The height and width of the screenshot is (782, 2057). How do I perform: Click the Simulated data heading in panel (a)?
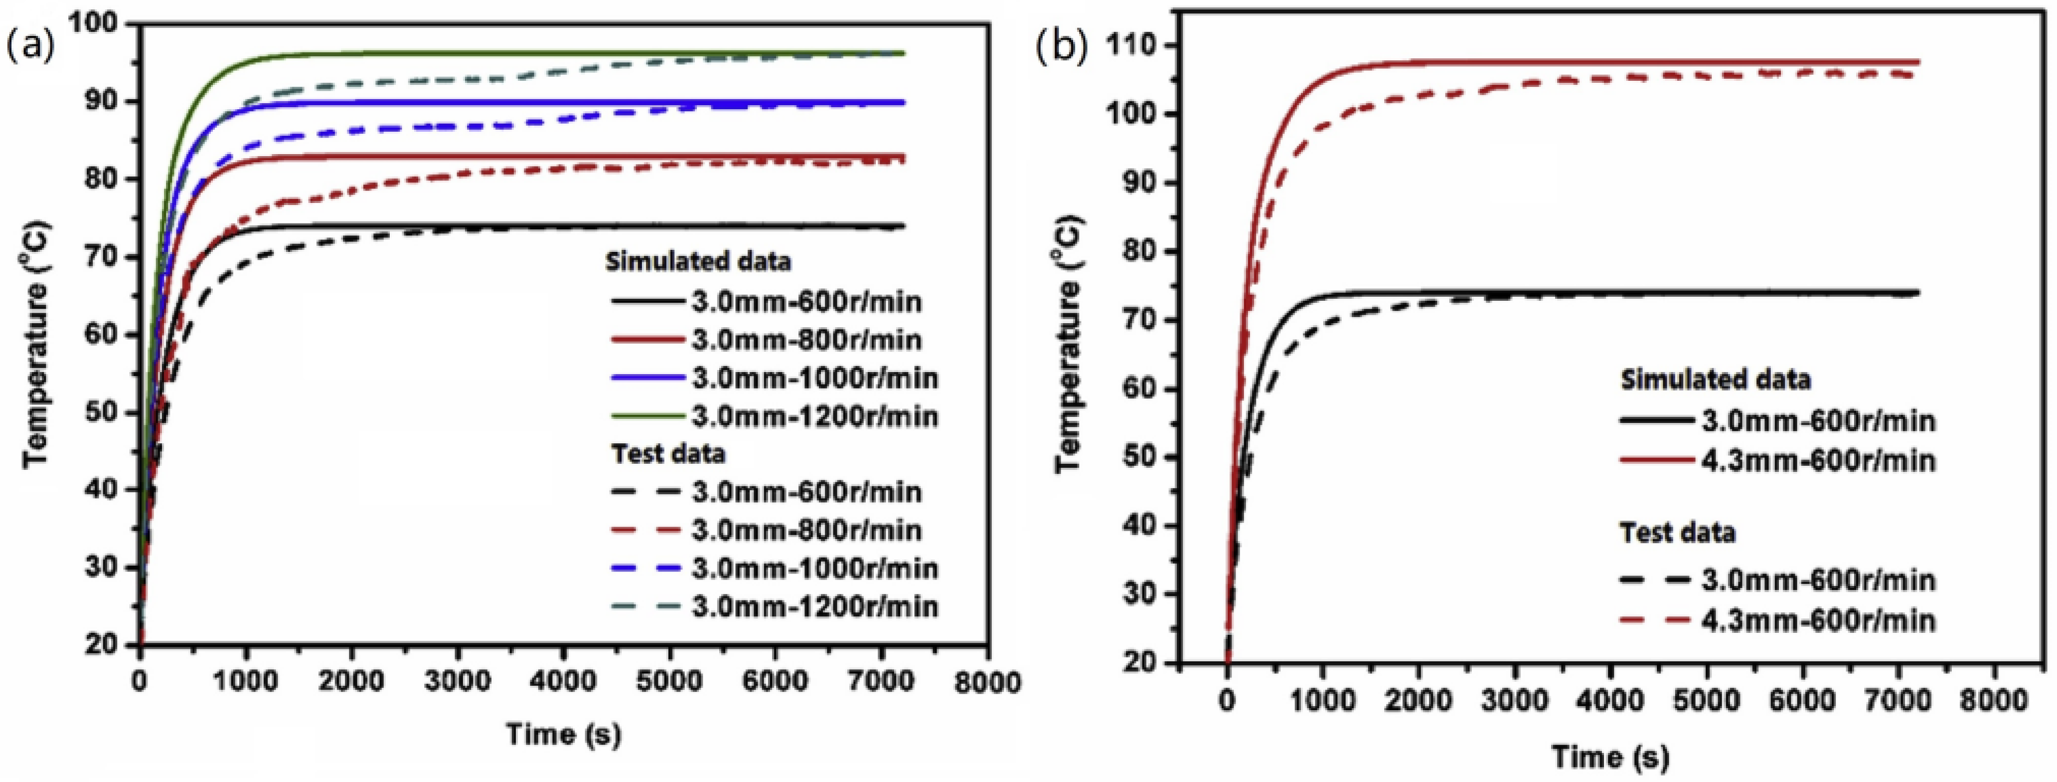(698, 261)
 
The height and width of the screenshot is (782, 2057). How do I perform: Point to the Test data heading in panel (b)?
(1677, 533)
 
